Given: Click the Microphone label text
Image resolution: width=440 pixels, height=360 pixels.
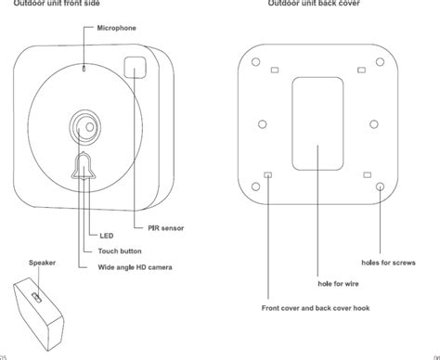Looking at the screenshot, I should (116, 28).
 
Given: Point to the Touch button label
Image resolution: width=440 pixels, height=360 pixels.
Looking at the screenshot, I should (120, 251).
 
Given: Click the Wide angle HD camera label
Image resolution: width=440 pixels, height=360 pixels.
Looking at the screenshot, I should (135, 267).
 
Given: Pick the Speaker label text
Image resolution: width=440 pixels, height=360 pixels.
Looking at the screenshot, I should (43, 264).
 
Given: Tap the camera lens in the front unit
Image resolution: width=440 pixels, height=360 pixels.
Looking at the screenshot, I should (82, 125).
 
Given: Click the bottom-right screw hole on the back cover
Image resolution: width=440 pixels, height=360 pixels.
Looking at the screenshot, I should (381, 187).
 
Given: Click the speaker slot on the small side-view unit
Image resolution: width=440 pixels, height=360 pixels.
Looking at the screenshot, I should (35, 296).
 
